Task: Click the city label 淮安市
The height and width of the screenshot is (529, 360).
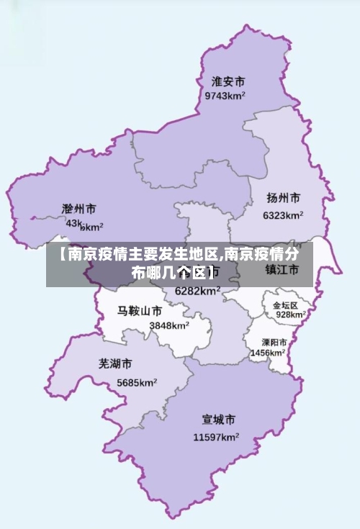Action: click(228, 81)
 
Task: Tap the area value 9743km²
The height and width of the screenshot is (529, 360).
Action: click(225, 96)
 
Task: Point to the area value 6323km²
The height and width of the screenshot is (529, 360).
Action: click(283, 215)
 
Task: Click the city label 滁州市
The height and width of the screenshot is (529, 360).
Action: click(79, 209)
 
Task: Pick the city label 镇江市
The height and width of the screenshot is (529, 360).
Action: click(282, 270)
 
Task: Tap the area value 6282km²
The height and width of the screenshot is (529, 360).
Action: click(197, 291)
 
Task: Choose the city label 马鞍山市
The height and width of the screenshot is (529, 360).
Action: click(140, 312)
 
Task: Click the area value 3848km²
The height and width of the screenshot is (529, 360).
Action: click(169, 325)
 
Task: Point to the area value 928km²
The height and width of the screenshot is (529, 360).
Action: click(291, 315)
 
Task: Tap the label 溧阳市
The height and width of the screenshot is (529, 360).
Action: click(274, 343)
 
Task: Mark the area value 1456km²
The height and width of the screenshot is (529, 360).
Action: click(268, 353)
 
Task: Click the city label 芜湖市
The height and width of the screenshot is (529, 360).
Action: click(115, 364)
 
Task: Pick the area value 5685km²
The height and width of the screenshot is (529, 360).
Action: click(137, 382)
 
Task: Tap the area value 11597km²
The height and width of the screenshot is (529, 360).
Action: click(216, 437)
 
